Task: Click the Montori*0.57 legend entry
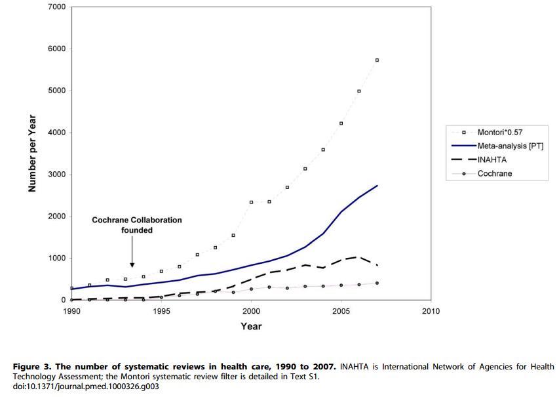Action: [x=499, y=133]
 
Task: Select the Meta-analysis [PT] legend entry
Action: [x=509, y=146]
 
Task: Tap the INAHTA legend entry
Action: [x=492, y=159]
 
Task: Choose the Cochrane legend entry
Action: [x=495, y=173]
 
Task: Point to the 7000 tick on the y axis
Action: [x=57, y=7]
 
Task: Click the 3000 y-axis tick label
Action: [x=57, y=175]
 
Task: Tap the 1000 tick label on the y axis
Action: [x=57, y=259]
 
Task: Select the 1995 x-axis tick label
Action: [x=161, y=311]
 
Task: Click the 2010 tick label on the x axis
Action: [x=431, y=311]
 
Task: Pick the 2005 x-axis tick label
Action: [x=341, y=311]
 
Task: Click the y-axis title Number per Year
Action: [x=31, y=154]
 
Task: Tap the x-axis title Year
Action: [x=251, y=326]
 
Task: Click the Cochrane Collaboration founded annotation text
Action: [x=136, y=225]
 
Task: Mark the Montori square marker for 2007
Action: [x=377, y=60]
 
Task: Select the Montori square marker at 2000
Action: [x=252, y=202]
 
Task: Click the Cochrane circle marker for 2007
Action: [x=377, y=283]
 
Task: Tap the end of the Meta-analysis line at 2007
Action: [x=377, y=186]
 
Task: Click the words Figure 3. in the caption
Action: [x=33, y=367]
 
